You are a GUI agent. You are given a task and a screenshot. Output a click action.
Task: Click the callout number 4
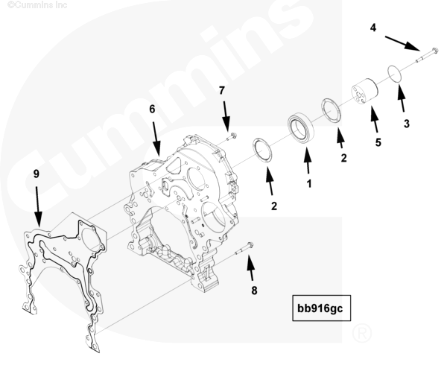373,28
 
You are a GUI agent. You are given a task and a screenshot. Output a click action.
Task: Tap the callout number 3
407,124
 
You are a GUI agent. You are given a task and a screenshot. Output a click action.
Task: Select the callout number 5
378,142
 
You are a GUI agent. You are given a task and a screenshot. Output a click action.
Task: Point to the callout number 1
309,184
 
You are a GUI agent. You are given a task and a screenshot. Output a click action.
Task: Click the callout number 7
222,90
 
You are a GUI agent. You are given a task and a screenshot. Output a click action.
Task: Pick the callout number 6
152,109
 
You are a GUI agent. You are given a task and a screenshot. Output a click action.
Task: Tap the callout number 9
37,174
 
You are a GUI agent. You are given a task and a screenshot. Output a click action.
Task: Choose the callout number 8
254,291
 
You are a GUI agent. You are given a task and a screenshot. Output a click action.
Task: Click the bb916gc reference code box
321,308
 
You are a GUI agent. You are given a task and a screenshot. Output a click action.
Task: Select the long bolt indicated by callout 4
426,56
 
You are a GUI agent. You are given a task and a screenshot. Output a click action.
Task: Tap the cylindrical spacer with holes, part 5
364,92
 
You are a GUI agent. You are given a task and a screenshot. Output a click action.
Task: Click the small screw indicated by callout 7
232,136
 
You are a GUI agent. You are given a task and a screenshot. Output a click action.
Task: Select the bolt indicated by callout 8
244,248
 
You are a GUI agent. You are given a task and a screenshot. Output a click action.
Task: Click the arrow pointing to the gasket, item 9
38,206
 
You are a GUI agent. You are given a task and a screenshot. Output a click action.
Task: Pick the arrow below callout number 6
156,139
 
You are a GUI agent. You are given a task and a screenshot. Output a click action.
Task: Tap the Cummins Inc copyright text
37,4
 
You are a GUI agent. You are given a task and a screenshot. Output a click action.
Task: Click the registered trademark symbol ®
362,333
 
